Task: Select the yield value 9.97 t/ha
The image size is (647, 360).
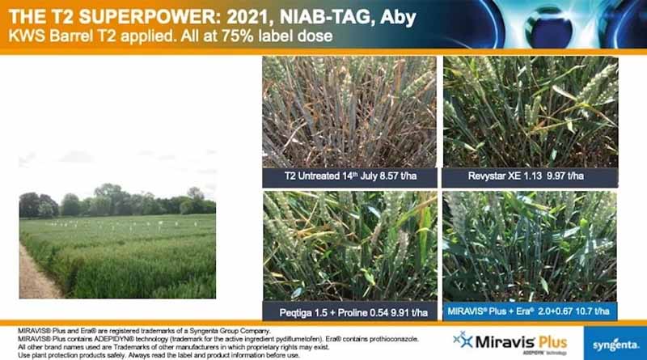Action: [565, 176]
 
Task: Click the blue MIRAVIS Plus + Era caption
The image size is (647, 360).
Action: [530, 311]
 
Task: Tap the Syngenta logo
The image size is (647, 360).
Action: [615, 345]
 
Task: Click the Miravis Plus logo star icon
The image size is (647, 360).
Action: [462, 339]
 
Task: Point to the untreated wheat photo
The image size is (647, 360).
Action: [349, 112]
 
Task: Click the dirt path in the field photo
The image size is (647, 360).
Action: [34, 275]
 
